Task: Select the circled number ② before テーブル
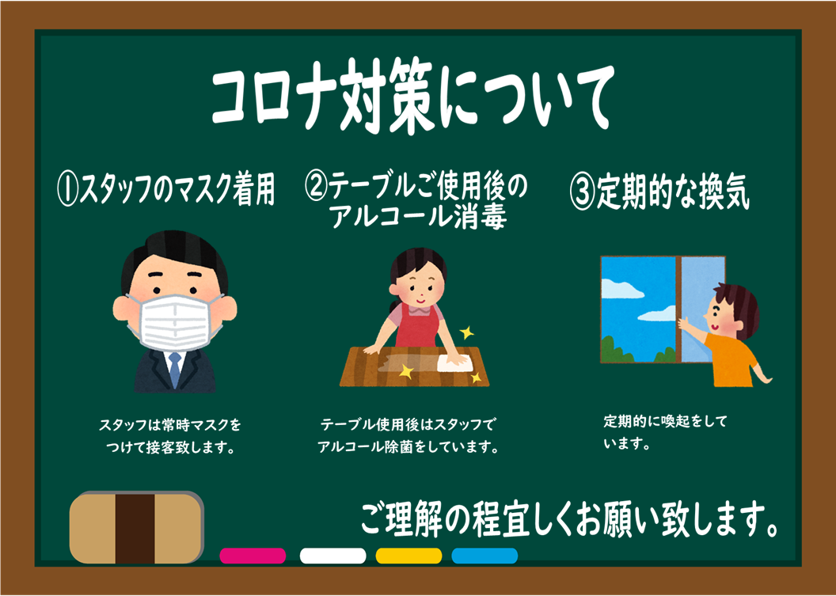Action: click(316, 186)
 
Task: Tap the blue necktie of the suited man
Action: click(174, 370)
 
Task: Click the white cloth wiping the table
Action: click(454, 363)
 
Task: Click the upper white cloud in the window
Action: click(621, 289)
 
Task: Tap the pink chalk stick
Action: click(253, 556)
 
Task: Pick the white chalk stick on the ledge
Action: click(332, 556)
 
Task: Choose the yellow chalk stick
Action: click(409, 556)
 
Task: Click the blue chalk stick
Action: click(484, 556)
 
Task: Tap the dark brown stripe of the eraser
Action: click(135, 528)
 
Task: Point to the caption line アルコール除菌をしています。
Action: click(408, 446)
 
